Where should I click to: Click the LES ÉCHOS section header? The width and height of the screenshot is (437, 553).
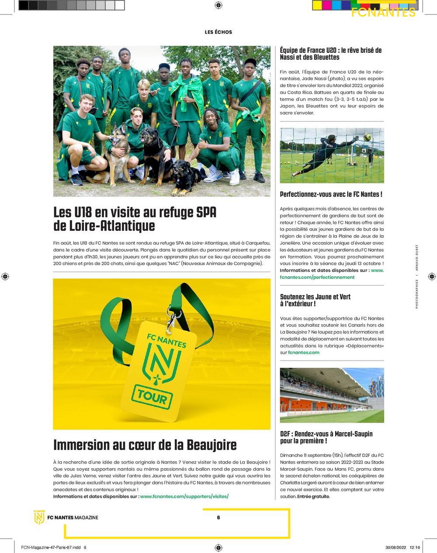tap(218, 32)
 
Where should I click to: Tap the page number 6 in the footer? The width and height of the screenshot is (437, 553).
tap(218, 518)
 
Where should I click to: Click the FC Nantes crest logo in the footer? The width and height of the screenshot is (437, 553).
tap(39, 517)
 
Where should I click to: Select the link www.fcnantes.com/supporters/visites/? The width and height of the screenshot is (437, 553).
tap(184, 496)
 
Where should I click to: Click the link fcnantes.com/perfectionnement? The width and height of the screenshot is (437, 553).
tap(317, 277)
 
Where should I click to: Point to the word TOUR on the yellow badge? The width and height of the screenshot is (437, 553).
tap(152, 397)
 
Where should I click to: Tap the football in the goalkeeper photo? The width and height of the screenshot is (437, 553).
tap(367, 137)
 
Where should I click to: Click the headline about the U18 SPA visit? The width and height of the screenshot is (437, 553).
tap(135, 219)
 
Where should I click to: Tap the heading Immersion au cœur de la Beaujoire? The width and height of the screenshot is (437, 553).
tap(145, 445)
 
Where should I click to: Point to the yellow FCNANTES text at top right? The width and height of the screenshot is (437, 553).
tap(383, 13)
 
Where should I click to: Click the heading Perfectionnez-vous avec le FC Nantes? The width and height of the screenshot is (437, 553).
tap(331, 194)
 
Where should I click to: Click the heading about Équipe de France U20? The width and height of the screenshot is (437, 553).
tap(331, 54)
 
